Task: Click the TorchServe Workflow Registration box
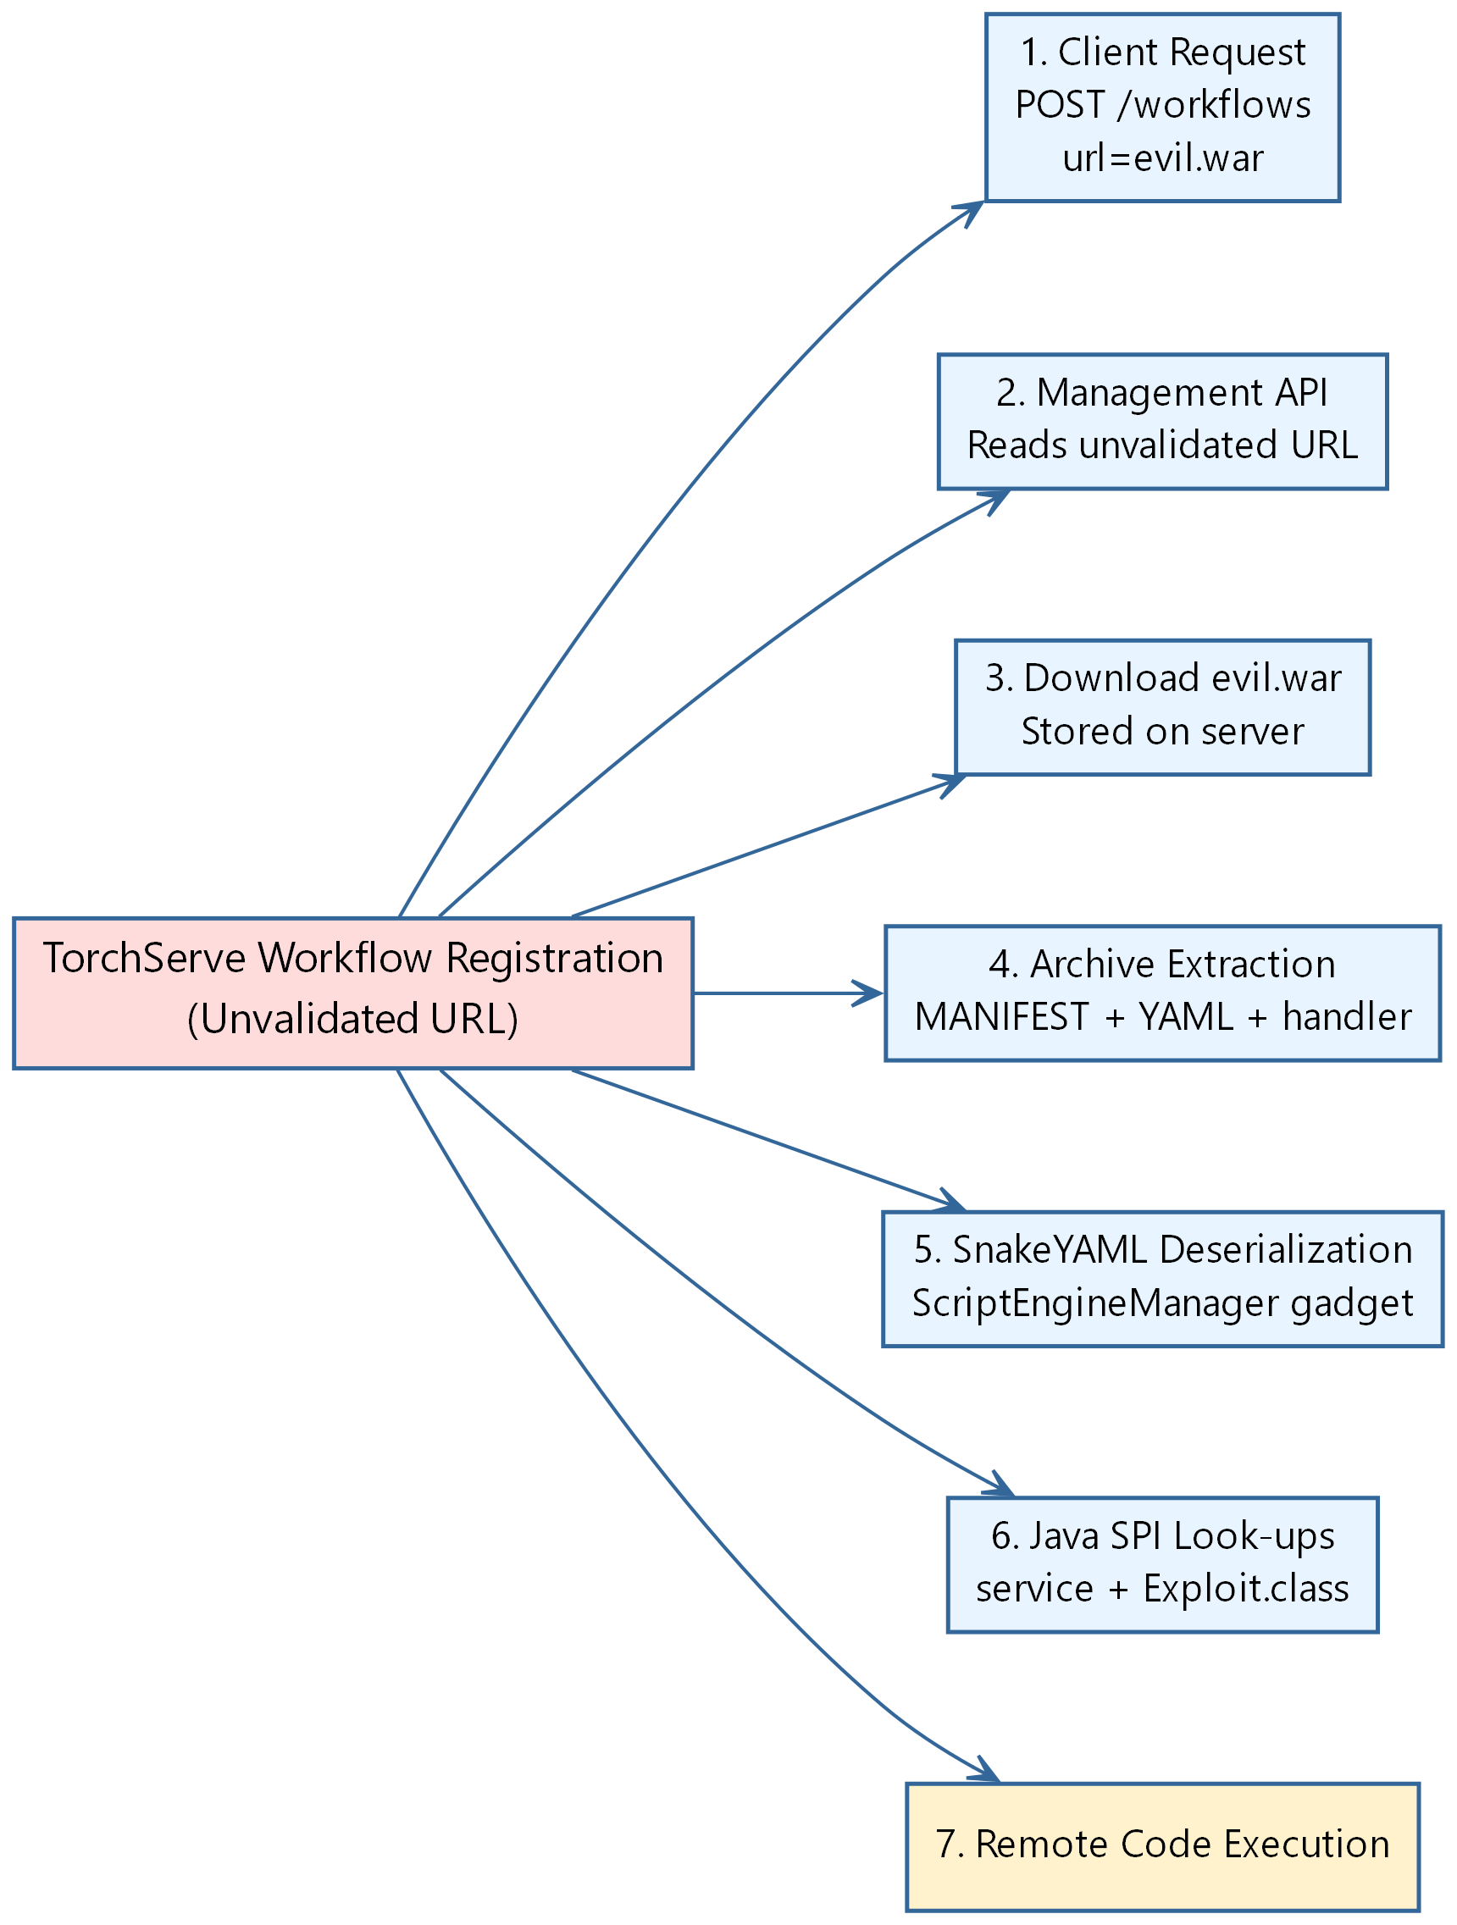pos(352,993)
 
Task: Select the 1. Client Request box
pos(1162,107)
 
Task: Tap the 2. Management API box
pos(1162,421)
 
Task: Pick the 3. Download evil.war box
pos(1162,707)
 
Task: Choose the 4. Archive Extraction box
pos(1162,993)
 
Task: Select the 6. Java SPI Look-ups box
pos(1162,1565)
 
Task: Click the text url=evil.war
pos(1162,158)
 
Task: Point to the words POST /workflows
pos(1162,105)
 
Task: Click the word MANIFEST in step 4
pos(1001,1016)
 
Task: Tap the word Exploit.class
pos(1245,1588)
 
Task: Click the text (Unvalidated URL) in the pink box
pos(352,1018)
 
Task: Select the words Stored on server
pos(1162,731)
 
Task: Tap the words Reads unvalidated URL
pos(1162,445)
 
